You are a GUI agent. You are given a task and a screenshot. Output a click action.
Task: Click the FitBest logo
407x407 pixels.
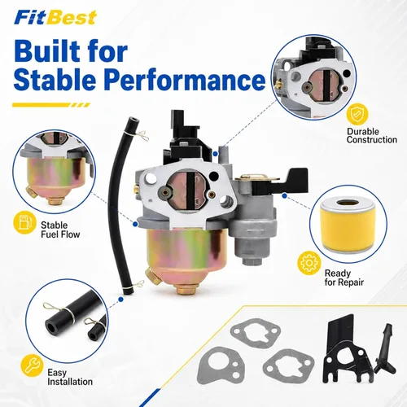coord(55,18)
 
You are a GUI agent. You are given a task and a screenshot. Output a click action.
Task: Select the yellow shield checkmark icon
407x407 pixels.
coord(357,114)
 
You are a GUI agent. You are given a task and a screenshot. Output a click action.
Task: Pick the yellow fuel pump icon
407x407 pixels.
coord(24,222)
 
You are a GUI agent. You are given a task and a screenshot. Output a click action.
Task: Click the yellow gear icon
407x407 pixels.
coord(309,263)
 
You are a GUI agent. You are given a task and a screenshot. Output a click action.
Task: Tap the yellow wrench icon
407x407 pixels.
coord(32,365)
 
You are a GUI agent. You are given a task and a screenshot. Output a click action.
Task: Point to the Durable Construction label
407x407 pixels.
coord(372,136)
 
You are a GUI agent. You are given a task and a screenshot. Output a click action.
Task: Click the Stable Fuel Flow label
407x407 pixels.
coord(60,230)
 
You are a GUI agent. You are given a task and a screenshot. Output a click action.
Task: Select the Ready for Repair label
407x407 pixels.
coord(344,278)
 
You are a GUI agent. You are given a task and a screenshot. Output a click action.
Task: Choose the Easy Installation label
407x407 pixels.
coord(70,377)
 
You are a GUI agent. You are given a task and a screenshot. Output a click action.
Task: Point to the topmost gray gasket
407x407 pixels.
coord(256,333)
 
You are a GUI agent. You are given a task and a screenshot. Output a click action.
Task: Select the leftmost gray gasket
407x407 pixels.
coord(221,365)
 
